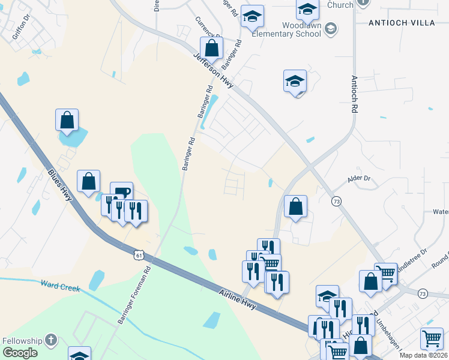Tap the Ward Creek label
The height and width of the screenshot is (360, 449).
pos(60,286)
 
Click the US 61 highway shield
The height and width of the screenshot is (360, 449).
pos(139,256)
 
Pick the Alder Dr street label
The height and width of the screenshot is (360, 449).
pos(360,179)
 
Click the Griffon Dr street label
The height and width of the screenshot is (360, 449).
pos(20,31)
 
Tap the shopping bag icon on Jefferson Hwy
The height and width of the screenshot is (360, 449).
pos(212,47)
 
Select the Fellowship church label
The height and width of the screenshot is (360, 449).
pos(23,340)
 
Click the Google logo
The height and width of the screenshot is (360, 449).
pos(20,353)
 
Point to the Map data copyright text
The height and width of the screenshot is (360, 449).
pos(424,355)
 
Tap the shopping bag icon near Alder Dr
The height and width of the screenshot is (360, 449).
pos(295,206)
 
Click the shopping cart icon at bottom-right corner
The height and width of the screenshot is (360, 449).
pos(432,338)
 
